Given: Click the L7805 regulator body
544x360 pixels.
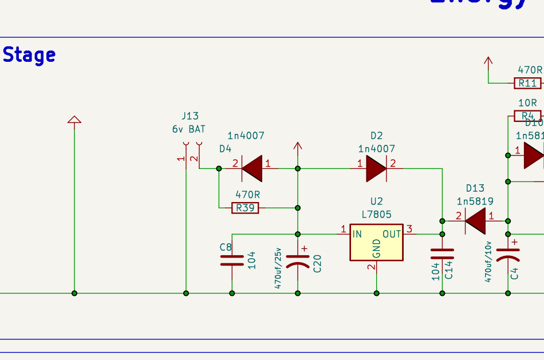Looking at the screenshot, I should coord(376,242).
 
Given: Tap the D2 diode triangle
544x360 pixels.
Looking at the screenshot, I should coord(376,168).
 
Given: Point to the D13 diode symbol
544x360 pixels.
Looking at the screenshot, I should coord(475,220).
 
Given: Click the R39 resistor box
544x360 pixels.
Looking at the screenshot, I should coord(245,208).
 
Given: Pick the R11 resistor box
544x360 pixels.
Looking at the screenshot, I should coord(527,83).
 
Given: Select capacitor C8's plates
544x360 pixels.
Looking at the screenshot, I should coord(232,260).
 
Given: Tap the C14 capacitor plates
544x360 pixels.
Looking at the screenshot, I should coord(442,254).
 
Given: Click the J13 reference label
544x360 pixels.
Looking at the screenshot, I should coord(190,117).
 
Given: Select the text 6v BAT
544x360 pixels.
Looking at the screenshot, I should coord(188,129).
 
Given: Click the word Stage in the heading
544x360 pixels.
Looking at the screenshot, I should coord(29,56).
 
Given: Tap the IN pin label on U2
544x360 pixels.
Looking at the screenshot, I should coord(357,234).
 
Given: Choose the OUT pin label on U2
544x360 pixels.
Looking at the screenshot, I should coord(392,234).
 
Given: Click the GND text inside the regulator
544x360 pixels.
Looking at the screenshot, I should coord(376,248).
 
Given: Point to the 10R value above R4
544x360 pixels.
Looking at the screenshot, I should coord(527,103).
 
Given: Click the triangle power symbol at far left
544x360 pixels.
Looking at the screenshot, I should coord(74,119).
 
